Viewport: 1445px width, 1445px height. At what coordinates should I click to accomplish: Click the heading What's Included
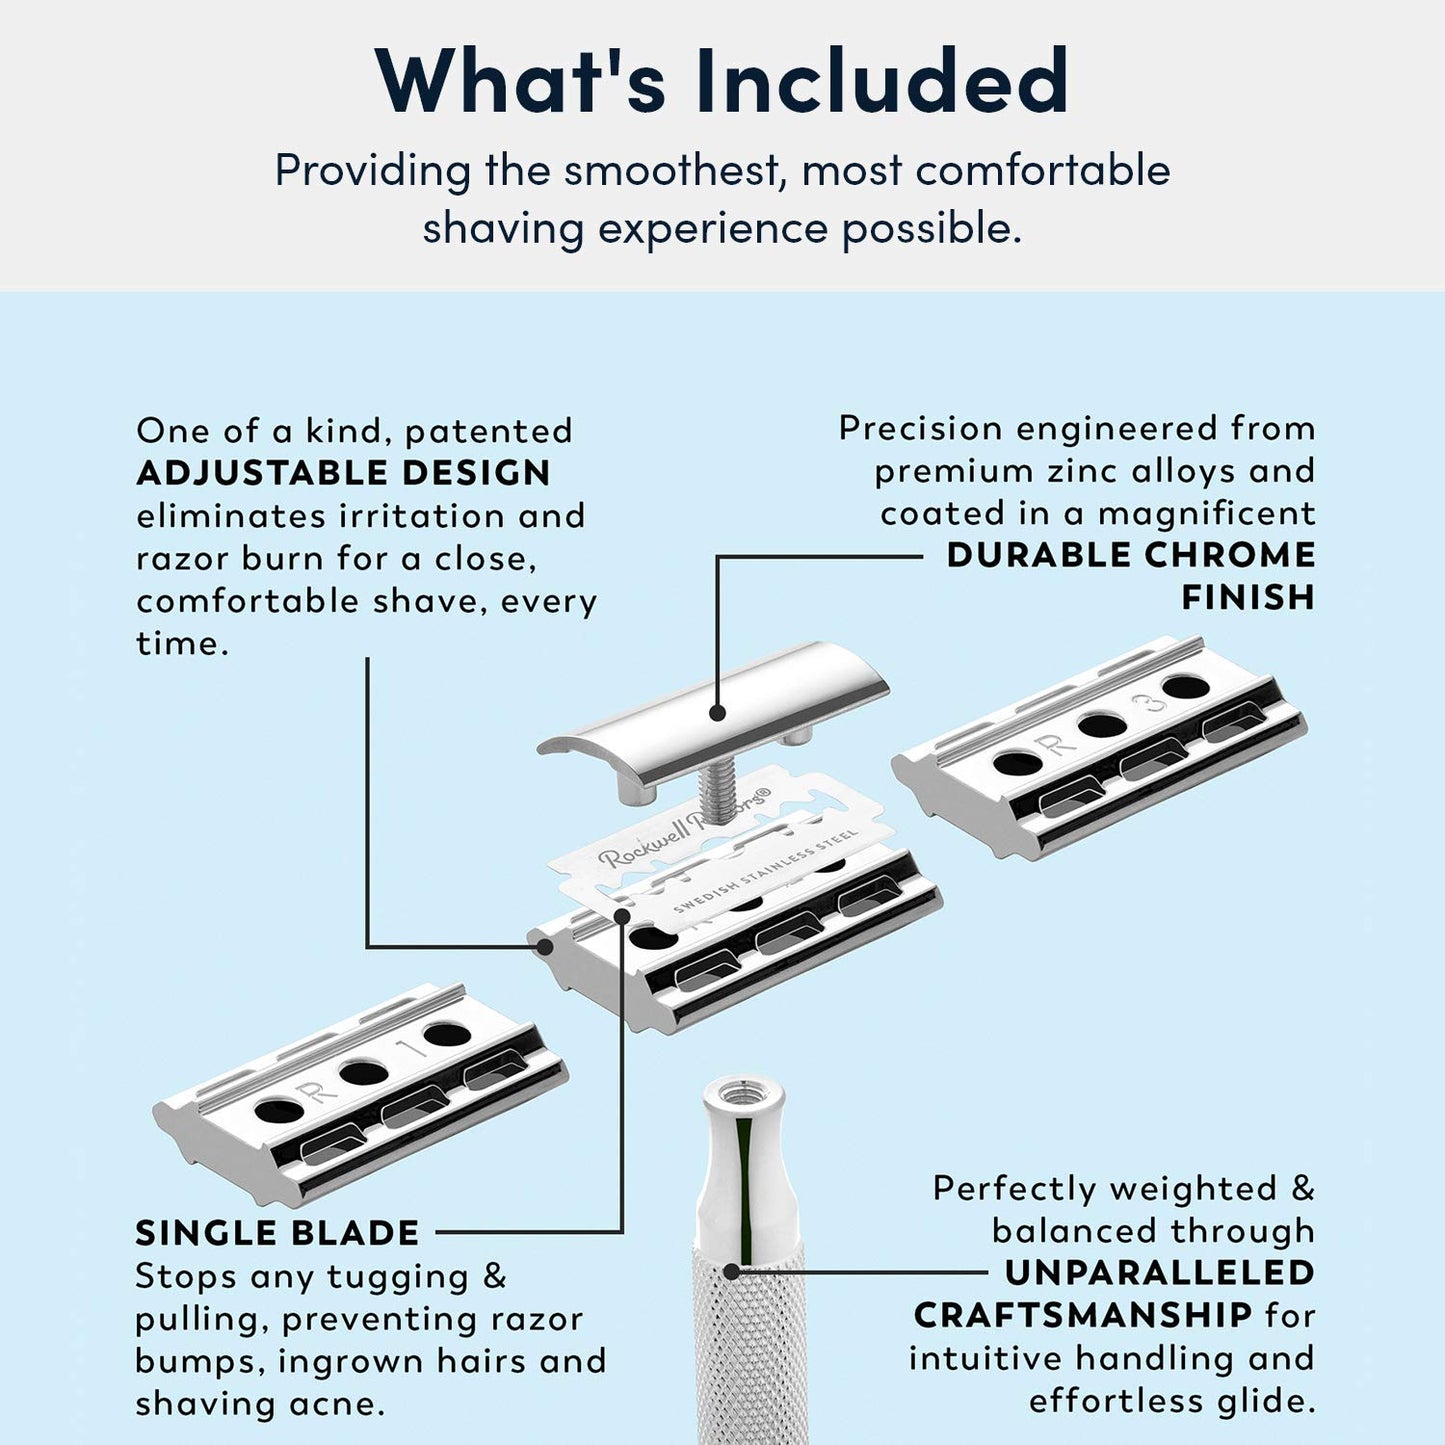(x=722, y=80)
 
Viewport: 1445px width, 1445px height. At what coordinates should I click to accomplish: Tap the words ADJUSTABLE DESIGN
(x=343, y=473)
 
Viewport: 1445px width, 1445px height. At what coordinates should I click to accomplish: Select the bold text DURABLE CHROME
(x=1130, y=555)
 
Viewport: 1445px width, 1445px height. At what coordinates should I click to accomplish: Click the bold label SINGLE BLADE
(x=277, y=1233)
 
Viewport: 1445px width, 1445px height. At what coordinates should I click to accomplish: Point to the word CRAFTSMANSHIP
(x=1082, y=1315)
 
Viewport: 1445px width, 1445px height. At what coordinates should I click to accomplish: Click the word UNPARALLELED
(x=1160, y=1273)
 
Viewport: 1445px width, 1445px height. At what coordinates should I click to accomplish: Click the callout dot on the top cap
(x=717, y=713)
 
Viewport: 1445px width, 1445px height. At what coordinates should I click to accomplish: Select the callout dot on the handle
(x=731, y=1272)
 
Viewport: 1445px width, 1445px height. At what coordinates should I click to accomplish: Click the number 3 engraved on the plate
(x=1155, y=704)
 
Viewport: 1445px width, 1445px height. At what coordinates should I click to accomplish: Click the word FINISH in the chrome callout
(x=1247, y=598)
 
